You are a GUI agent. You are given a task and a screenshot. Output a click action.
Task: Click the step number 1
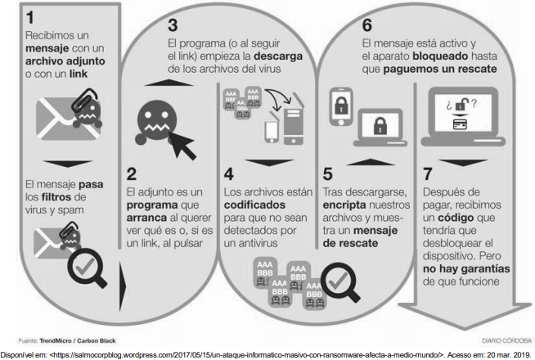(x=30, y=18)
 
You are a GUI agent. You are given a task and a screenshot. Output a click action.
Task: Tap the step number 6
(x=367, y=25)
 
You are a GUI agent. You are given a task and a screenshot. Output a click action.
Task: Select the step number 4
(x=228, y=174)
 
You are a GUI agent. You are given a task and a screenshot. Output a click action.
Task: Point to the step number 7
(x=428, y=174)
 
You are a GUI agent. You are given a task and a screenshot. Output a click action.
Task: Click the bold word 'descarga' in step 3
(x=278, y=56)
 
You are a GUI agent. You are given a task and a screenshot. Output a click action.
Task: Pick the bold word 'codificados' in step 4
(x=254, y=205)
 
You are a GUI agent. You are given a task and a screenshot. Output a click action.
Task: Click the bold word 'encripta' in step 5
(x=344, y=205)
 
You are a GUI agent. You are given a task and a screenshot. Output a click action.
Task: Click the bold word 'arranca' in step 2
(x=146, y=218)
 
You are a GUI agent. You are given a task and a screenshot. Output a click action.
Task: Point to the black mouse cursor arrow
(x=182, y=146)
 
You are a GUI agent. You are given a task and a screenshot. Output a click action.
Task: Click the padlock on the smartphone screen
(x=341, y=105)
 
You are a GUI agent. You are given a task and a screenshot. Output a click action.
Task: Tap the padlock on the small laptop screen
(x=380, y=125)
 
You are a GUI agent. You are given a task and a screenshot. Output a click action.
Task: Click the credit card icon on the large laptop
(x=460, y=124)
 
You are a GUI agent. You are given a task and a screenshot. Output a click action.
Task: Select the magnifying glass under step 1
(x=88, y=268)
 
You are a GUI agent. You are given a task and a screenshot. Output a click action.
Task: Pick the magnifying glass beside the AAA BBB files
(x=340, y=282)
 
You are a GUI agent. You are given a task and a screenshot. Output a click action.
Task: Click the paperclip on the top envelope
(x=84, y=99)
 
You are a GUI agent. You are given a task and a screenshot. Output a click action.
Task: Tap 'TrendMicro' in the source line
(x=56, y=341)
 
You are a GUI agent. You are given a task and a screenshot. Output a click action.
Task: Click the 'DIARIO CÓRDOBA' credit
(x=506, y=341)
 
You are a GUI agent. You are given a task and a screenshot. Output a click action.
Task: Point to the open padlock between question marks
(x=461, y=104)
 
